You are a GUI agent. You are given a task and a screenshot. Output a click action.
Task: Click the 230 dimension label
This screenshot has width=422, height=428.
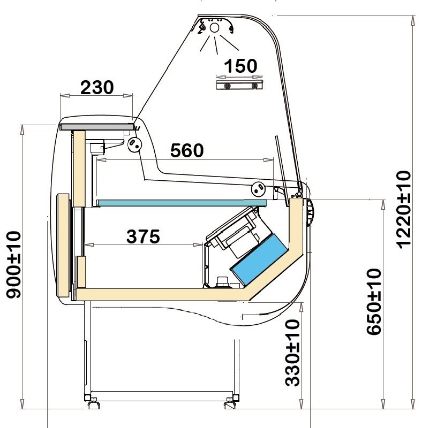[97, 87]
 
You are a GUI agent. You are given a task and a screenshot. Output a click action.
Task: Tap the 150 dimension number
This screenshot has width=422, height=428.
[240, 66]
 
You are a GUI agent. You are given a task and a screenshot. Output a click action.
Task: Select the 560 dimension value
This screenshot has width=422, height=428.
[187, 150]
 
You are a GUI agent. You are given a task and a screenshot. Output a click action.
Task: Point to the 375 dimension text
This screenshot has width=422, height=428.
[143, 236]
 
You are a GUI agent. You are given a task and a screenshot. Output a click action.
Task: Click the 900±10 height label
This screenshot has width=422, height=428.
[13, 265]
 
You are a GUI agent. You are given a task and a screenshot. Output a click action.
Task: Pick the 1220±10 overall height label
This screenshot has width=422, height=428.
[403, 210]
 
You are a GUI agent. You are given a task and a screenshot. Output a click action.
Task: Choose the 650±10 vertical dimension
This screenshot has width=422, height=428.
[374, 302]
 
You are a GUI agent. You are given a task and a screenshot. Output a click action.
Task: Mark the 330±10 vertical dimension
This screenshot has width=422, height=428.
[292, 353]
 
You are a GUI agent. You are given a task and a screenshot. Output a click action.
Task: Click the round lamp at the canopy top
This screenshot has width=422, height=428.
[215, 28]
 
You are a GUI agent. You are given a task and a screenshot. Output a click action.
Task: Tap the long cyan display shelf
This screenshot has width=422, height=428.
[182, 203]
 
